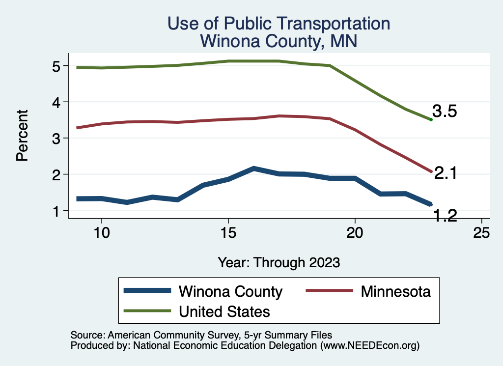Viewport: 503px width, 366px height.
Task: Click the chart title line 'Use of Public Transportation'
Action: (x=279, y=23)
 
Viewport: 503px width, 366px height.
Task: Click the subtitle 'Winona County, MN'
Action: (x=279, y=41)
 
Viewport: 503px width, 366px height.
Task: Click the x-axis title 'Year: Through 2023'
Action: (x=279, y=262)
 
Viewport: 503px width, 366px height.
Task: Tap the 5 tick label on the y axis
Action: (x=55, y=66)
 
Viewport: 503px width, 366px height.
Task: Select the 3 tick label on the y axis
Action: (x=55, y=138)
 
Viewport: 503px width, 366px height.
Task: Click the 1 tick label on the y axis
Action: (x=55, y=210)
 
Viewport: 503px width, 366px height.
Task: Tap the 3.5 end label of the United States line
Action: (x=445, y=112)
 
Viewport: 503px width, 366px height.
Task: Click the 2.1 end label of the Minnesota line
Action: (x=446, y=173)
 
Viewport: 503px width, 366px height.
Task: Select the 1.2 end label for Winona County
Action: (x=445, y=215)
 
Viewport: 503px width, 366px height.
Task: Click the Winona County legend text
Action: (x=230, y=291)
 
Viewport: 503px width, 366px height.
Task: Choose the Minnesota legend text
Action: (x=395, y=291)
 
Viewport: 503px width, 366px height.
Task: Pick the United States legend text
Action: (x=224, y=311)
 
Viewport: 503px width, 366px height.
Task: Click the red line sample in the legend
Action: (x=329, y=291)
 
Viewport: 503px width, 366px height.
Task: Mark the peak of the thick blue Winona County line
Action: (x=253, y=169)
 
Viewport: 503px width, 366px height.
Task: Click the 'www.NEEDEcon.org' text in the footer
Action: (x=370, y=346)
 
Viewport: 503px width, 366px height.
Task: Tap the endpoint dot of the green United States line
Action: (x=431, y=119)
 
